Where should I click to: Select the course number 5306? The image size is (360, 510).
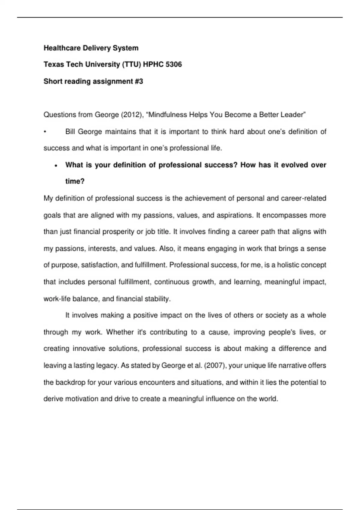pyautogui.click(x=173, y=64)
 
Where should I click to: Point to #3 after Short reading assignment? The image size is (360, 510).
pyautogui.click(x=139, y=81)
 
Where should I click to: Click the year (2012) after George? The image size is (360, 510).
pyautogui.click(x=132, y=115)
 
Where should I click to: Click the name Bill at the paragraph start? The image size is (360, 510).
pyautogui.click(x=70, y=132)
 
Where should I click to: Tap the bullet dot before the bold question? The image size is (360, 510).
pyautogui.click(x=56, y=166)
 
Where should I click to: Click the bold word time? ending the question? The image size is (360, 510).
pyautogui.click(x=75, y=181)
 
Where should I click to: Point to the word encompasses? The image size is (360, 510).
pyautogui.click(x=282, y=215)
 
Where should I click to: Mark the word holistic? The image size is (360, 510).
pyautogui.click(x=288, y=265)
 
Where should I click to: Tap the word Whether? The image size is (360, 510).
pyautogui.click(x=120, y=332)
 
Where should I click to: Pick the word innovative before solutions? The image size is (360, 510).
pyautogui.click(x=89, y=349)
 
